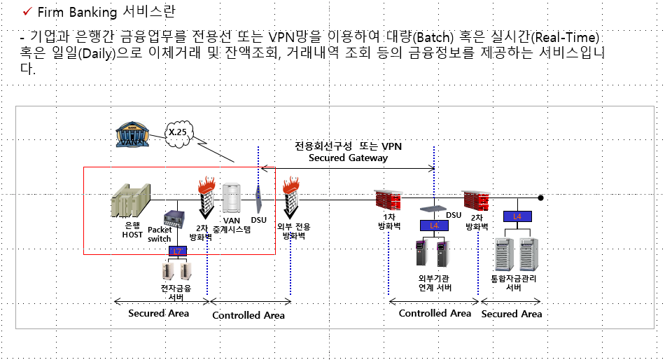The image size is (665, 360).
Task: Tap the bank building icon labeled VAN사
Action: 133,134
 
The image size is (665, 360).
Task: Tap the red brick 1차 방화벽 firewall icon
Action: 387,201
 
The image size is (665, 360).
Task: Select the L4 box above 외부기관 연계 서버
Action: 434,226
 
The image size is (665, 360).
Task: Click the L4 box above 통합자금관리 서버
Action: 517,216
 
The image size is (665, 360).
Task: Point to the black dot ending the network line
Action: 540,198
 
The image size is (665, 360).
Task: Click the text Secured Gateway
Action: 348,158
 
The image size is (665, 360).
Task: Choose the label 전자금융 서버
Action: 176,292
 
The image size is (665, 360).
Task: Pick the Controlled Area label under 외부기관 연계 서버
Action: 435,313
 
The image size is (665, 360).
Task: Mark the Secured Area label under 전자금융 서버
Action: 158,313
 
